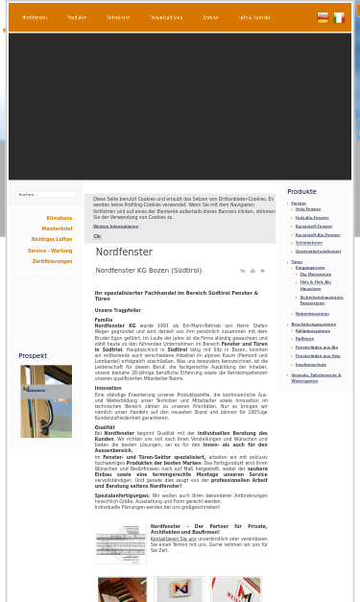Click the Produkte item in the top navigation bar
click(77, 17)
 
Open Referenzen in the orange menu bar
click(118, 17)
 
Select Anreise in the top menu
click(210, 17)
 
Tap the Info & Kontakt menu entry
click(254, 17)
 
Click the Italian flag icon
click(339, 17)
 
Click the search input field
click(46, 194)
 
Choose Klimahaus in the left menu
click(59, 218)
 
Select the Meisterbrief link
click(57, 229)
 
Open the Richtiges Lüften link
click(52, 239)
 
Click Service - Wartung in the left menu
click(50, 251)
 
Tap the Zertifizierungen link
click(52, 261)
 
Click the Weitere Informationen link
click(115, 227)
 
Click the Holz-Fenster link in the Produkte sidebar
click(308, 208)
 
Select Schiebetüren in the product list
click(309, 243)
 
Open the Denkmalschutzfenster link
click(318, 251)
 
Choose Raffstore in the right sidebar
click(304, 339)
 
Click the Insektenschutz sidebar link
click(310, 364)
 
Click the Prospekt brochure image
click(45, 401)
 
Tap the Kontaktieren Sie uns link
click(173, 539)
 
